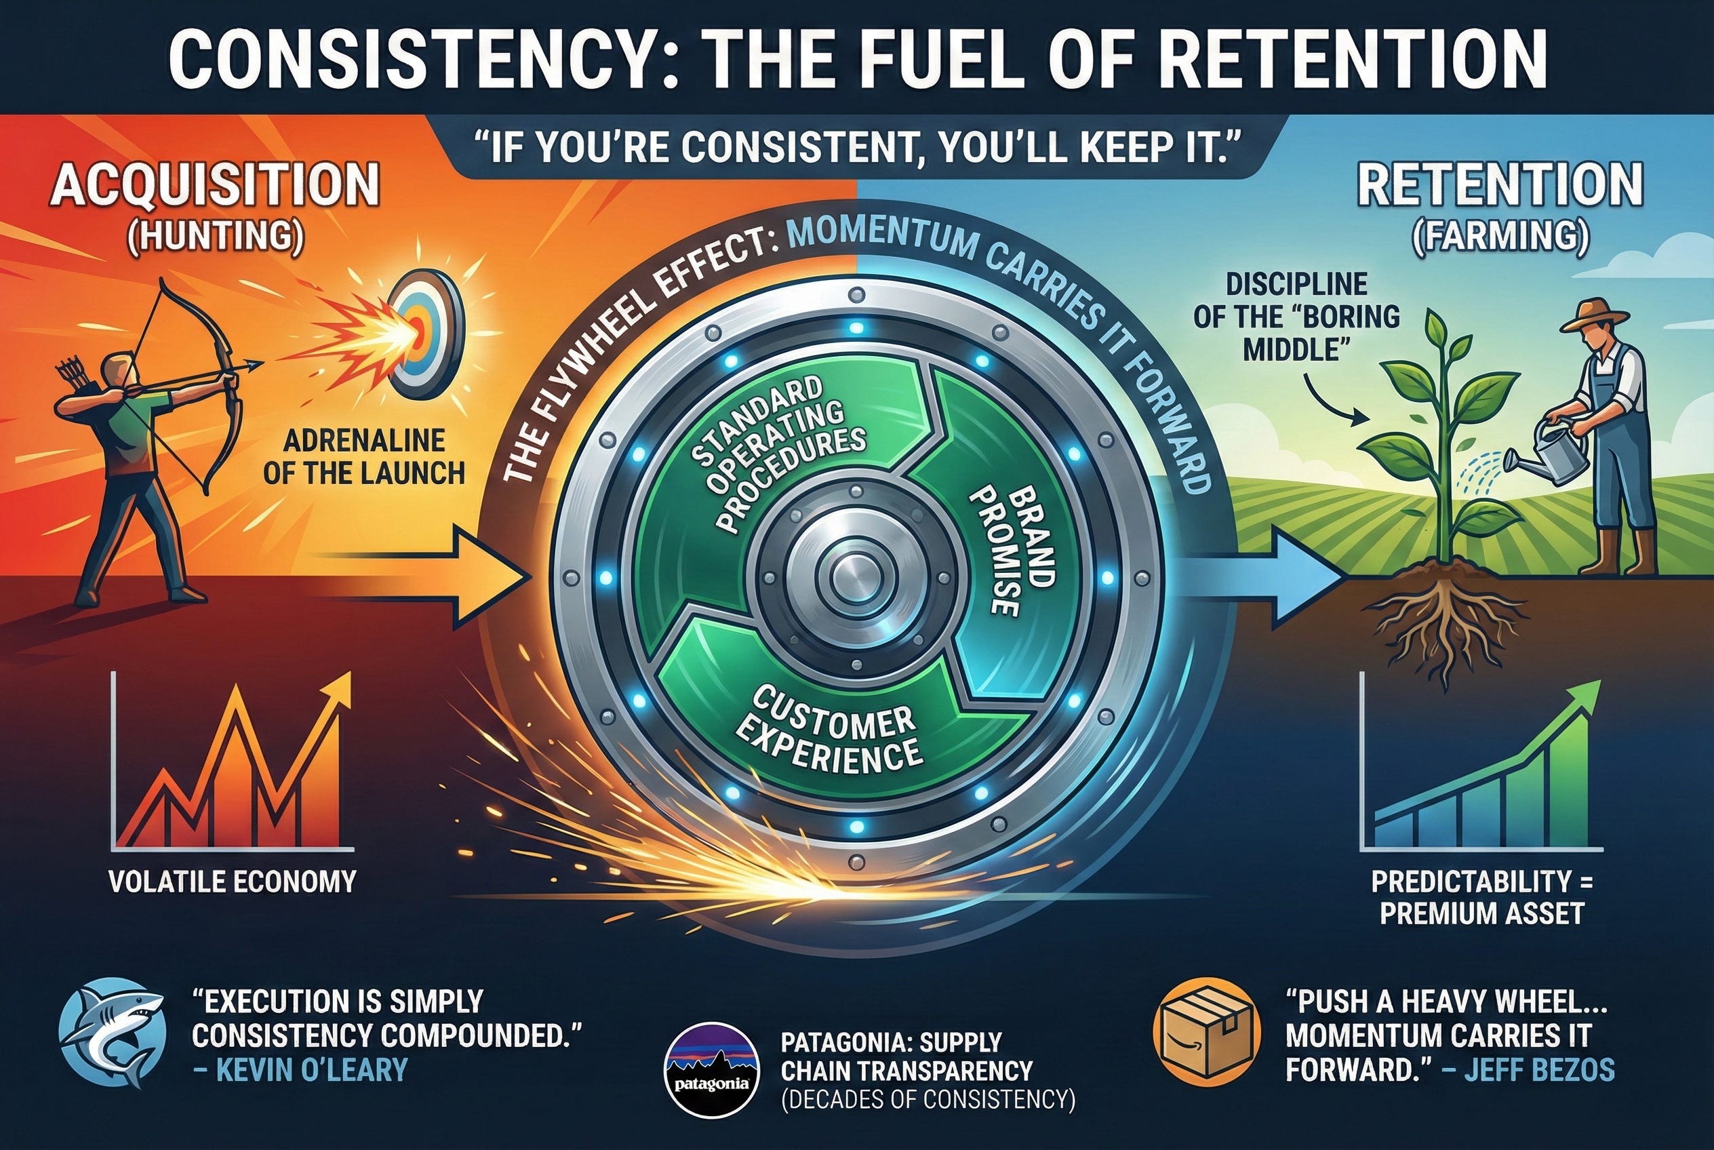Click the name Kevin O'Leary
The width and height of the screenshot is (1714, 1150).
(x=311, y=1070)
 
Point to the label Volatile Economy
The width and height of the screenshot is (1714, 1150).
(x=232, y=881)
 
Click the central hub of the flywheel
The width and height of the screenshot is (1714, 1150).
(x=855, y=577)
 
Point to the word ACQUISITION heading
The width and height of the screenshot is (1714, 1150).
(x=214, y=186)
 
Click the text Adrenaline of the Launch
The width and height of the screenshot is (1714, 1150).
(x=364, y=457)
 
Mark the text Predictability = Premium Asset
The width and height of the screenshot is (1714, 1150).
(x=1481, y=897)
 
